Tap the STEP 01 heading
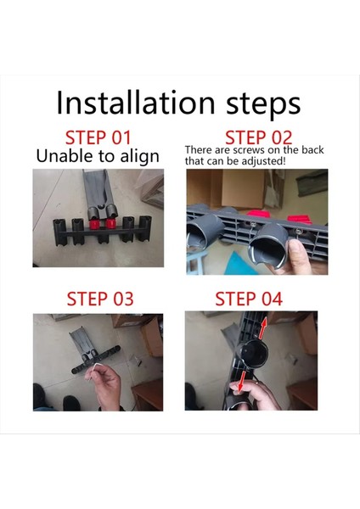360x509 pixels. click(x=99, y=137)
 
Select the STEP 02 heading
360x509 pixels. click(x=258, y=137)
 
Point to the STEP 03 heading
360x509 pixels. click(x=99, y=299)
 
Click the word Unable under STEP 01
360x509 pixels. click(x=67, y=156)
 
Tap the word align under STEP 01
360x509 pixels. click(x=132, y=157)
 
